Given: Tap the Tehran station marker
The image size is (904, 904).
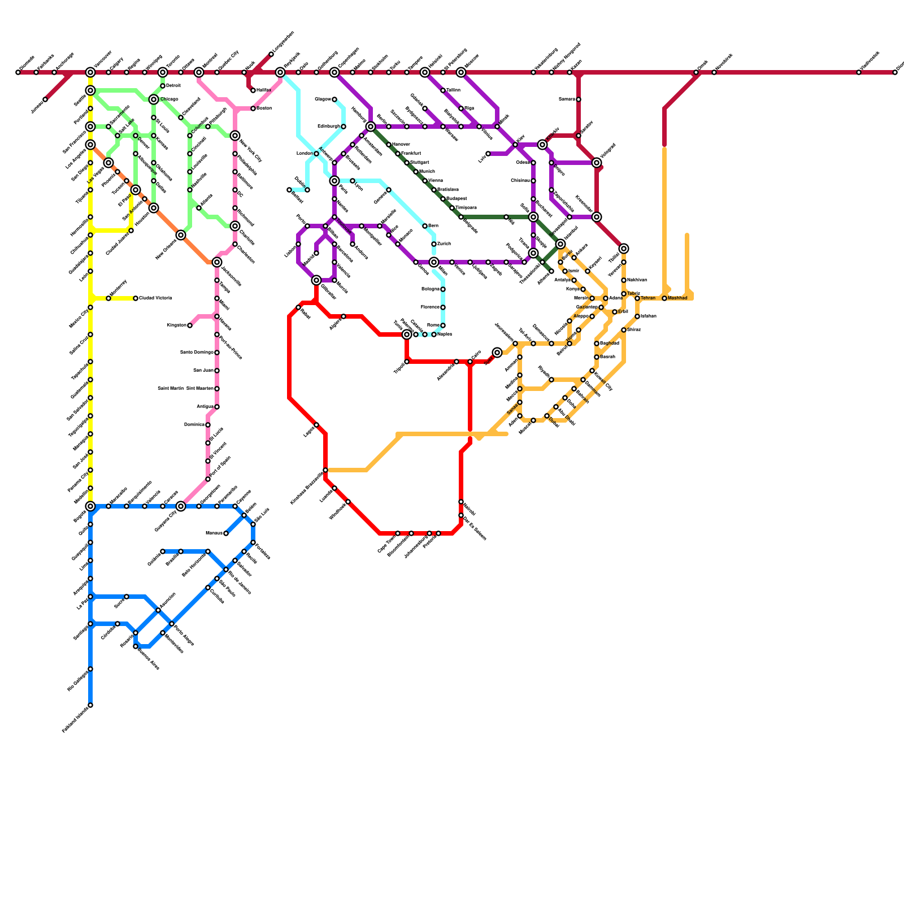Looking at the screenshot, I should click(637, 298).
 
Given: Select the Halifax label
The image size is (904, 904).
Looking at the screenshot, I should click(264, 90).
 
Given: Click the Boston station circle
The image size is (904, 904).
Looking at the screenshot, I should click(253, 108).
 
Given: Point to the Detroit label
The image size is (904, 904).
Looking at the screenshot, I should click(173, 86).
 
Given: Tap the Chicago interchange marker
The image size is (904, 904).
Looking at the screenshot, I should click(154, 99).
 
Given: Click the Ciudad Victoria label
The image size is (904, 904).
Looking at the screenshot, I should click(155, 298).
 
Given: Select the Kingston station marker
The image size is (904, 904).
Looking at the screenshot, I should click(190, 325).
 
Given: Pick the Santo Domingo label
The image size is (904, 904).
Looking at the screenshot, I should click(197, 353).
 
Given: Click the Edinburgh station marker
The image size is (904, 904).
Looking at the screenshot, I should click(344, 127).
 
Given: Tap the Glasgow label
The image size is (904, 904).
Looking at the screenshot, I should click(323, 99).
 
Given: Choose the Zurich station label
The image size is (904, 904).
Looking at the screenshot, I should click(444, 244).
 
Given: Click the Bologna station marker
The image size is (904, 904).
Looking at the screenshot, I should click(443, 289).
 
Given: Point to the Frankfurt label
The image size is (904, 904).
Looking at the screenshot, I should click(411, 154).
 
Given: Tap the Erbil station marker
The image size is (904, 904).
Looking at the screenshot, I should click(615, 312).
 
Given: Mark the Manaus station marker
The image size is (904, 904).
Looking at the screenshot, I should click(226, 533).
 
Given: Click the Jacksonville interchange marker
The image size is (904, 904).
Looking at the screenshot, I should click(217, 262).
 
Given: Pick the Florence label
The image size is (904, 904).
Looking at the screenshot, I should click(431, 307).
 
